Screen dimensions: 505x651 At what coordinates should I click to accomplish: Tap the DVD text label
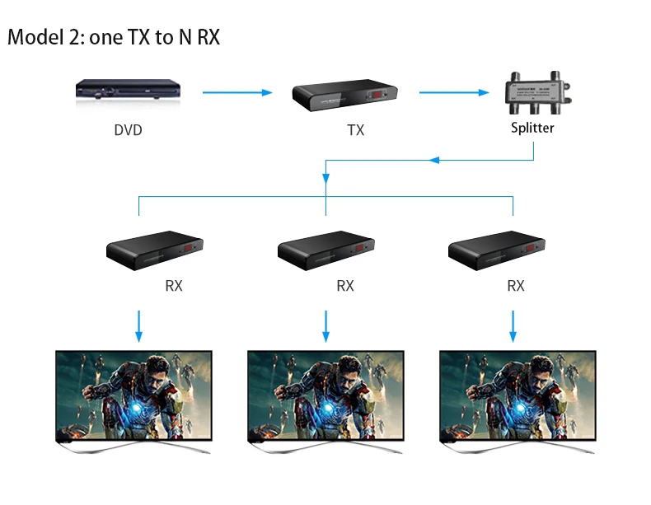point(128,130)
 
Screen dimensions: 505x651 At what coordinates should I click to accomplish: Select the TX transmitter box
point(346,96)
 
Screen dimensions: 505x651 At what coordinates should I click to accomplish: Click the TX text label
point(355,130)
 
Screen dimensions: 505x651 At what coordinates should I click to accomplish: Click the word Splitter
point(532,128)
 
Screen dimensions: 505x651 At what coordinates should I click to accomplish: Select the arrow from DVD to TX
point(237,92)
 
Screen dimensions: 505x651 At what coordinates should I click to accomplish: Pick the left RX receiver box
point(155,250)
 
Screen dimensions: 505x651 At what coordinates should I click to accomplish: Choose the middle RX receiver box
point(326,250)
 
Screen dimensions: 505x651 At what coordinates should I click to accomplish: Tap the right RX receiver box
point(497,250)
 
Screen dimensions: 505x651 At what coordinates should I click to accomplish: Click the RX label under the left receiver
point(173,286)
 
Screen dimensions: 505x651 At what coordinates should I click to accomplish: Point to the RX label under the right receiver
point(516,286)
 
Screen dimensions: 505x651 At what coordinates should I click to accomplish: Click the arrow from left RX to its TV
point(138,326)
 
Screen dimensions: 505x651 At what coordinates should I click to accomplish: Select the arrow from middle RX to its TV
point(325,326)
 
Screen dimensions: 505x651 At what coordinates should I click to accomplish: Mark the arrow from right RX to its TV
point(513,326)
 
